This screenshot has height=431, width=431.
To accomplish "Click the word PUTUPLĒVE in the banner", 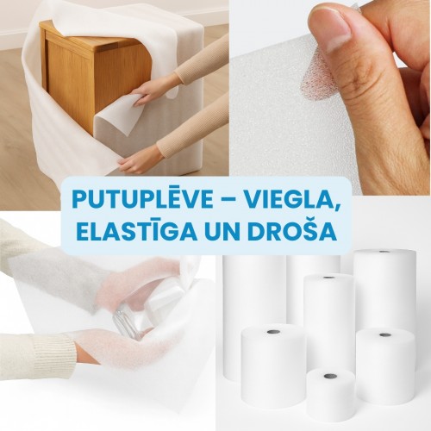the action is [143, 198].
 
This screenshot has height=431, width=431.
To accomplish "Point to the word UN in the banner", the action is [222, 232].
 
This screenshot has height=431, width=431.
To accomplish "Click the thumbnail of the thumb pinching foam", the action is [331, 97].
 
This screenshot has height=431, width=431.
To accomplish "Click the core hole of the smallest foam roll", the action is [328, 376].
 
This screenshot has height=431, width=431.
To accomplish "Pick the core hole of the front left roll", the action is [272, 332].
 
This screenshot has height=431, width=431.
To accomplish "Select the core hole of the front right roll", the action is [384, 335].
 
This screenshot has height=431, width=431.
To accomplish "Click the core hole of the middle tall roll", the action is [328, 278].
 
